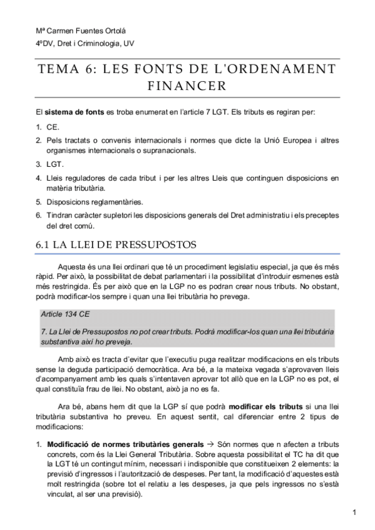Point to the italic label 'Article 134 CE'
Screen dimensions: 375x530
(x=63, y=314)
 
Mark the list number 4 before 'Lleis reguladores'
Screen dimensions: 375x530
(x=38, y=178)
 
